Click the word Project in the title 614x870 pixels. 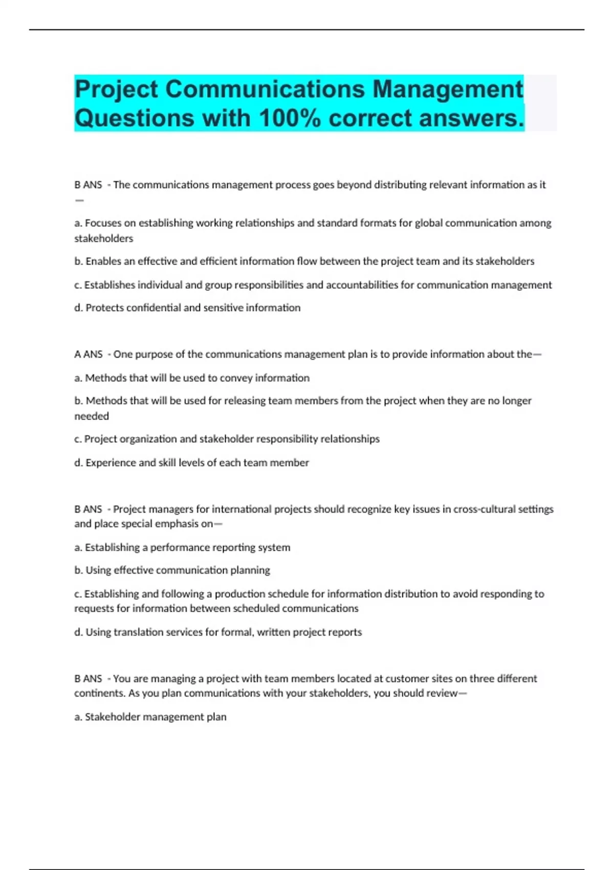point(117,90)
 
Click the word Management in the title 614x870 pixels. point(448,90)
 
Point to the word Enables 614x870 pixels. point(104,262)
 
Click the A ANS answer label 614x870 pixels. point(89,354)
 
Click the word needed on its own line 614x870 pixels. point(92,416)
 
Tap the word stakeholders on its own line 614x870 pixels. point(103,238)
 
